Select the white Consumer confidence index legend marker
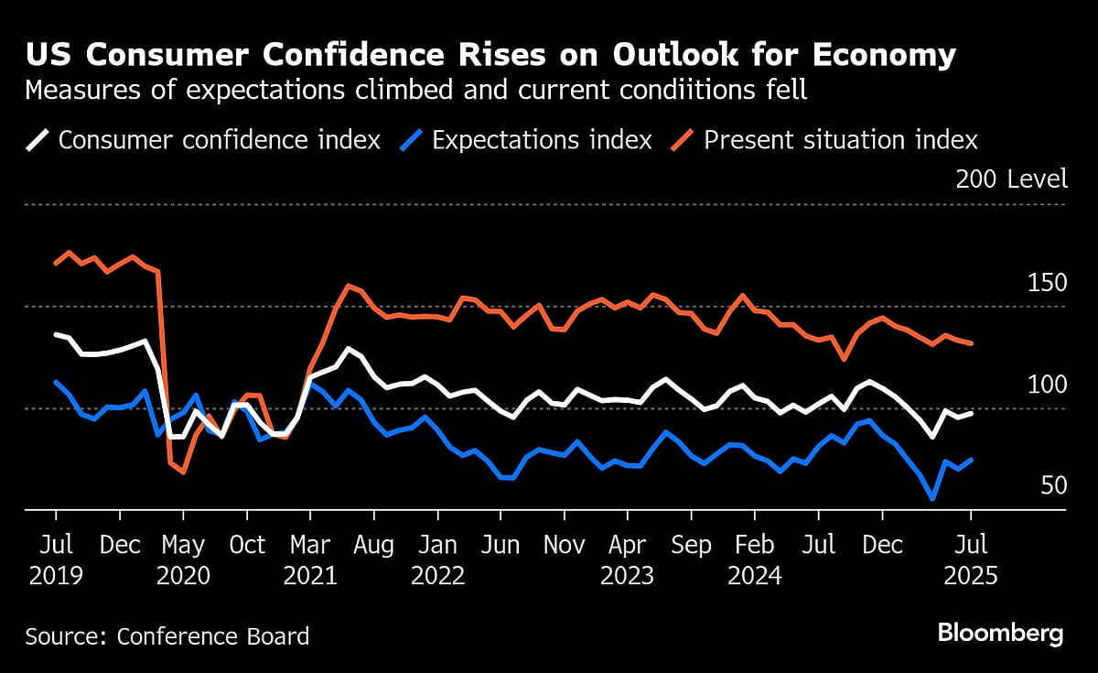[38, 140]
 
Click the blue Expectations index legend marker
[413, 140]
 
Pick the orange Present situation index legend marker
[684, 140]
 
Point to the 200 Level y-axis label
[1011, 179]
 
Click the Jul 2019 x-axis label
[56, 560]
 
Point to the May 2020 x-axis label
[183, 560]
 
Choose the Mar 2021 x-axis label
[310, 560]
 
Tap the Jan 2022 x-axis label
[437, 560]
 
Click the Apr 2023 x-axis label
[628, 560]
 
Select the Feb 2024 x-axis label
[755, 560]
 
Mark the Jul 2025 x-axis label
[971, 560]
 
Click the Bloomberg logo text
[1001, 633]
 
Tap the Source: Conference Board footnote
[167, 635]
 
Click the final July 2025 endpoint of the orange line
[971, 343]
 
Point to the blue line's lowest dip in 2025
[932, 498]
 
